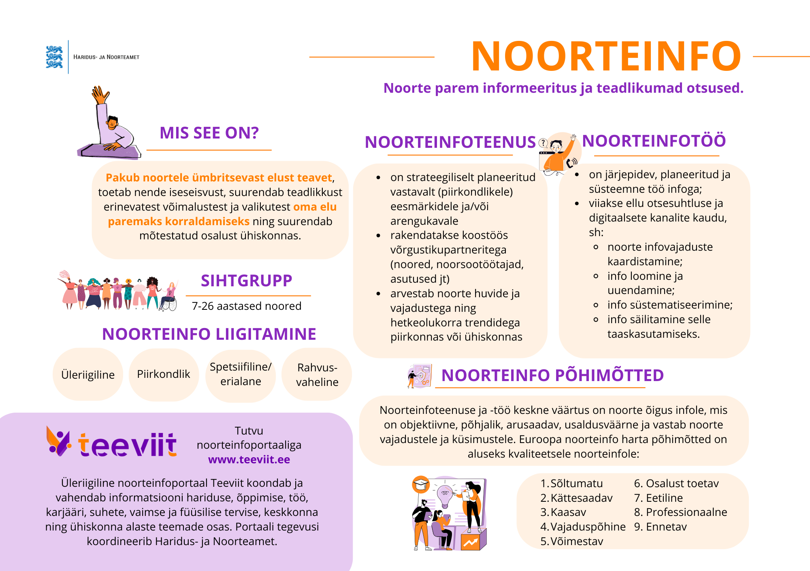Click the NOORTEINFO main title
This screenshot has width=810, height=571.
(606, 57)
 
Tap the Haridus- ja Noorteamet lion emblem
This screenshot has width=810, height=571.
(54, 57)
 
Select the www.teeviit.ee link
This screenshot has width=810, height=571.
(249, 460)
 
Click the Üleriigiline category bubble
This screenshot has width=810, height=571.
(88, 375)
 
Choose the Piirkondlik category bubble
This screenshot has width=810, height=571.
(164, 374)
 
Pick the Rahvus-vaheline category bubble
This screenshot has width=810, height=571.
(317, 375)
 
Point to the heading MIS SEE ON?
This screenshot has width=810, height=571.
(209, 133)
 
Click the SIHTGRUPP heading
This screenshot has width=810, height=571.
(246, 281)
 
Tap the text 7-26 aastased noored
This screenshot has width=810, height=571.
(246, 306)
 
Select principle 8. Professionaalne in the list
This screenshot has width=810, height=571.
(680, 512)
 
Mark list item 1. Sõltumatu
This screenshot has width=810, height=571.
(572, 484)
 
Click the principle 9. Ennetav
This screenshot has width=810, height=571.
(660, 527)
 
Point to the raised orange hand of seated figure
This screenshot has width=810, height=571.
(100, 95)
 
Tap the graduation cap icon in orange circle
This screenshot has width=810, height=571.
(421, 484)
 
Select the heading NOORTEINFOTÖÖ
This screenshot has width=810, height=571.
(654, 141)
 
